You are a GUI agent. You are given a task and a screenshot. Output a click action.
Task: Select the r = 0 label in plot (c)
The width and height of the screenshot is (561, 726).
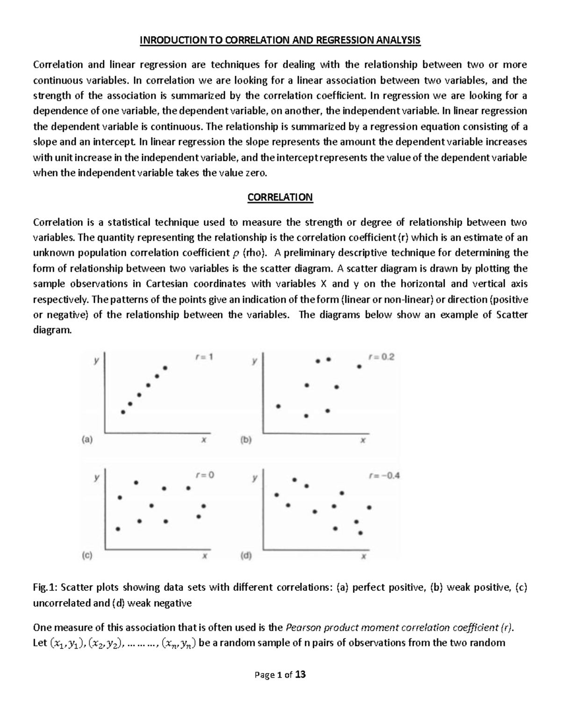pos(204,475)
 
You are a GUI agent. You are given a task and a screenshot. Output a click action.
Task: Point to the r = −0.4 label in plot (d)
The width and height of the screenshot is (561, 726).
pos(384,476)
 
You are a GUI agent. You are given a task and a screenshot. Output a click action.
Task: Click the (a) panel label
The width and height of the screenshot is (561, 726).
pos(87,439)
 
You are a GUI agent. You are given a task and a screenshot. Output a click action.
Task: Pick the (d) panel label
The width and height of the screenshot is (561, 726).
pos(246,556)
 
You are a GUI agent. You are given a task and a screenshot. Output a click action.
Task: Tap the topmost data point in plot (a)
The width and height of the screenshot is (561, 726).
pos(165,368)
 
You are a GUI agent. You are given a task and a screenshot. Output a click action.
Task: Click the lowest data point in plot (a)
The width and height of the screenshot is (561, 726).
pos(123,412)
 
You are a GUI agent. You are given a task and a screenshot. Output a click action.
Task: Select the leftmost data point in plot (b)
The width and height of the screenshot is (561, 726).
pos(278,406)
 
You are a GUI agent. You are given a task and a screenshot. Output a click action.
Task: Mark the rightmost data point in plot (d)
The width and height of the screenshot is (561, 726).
pos(369,507)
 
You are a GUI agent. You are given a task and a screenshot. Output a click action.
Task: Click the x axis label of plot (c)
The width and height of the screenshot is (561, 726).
pos(204,556)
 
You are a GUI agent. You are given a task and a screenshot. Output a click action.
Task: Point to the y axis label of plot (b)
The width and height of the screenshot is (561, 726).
pos(254,361)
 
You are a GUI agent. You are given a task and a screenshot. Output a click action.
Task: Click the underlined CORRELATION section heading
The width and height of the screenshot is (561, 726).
pos(280,197)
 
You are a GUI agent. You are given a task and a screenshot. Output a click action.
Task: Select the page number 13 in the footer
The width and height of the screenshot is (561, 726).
pos(301,675)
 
